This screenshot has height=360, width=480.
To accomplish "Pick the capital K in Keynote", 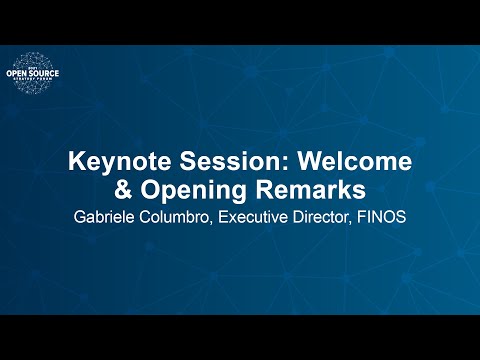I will coord(74,161).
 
